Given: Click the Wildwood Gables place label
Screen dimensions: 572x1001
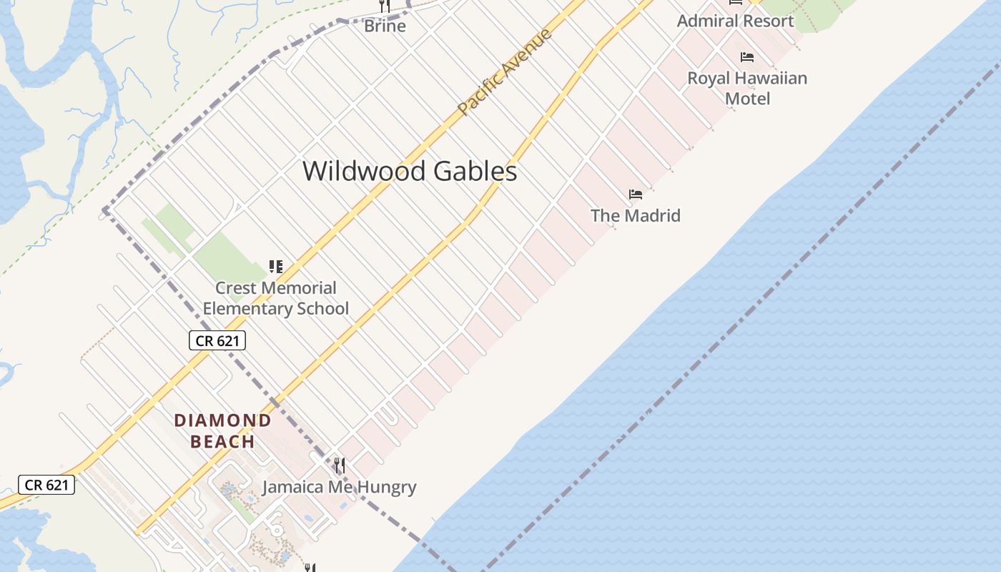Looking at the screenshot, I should click(409, 172).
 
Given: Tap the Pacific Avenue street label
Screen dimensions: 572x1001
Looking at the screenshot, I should click(505, 71).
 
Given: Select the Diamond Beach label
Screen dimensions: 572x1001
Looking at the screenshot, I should click(223, 430).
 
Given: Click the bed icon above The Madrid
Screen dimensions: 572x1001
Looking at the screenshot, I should click(636, 194).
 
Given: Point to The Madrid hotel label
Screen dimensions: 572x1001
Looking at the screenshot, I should click(636, 215).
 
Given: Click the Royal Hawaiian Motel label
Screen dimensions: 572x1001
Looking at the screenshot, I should click(747, 88).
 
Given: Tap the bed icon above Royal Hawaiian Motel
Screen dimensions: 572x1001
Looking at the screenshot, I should click(747, 57).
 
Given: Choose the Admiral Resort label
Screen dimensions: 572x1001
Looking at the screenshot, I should click(735, 21).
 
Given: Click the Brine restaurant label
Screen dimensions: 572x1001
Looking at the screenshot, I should click(385, 26).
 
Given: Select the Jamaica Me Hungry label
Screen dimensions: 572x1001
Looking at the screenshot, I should click(339, 488).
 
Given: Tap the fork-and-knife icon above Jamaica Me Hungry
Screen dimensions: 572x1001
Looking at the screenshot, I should click(340, 466).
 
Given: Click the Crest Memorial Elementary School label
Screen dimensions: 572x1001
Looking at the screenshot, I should click(276, 298).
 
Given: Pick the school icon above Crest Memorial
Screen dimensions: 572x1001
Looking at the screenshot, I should click(276, 267).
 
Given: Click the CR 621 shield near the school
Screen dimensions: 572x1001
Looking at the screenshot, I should click(217, 341).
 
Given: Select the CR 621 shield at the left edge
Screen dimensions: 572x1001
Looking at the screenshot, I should click(46, 485).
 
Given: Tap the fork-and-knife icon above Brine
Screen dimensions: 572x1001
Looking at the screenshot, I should click(385, 6).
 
